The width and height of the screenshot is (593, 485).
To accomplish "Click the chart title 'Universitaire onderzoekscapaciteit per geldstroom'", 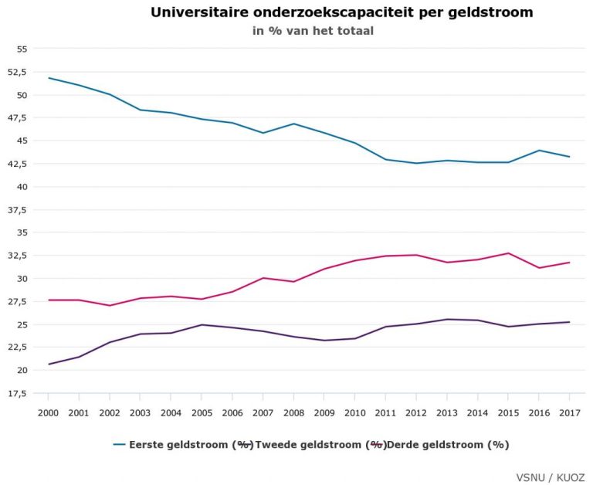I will tap(341, 12).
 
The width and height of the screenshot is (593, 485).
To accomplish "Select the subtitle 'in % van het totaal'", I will tap(313, 31).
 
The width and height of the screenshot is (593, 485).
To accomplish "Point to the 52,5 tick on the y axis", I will tap(16, 72).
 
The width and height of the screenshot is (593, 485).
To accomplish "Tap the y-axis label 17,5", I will tap(16, 394).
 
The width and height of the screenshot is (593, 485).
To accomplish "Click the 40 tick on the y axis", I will tap(21, 187).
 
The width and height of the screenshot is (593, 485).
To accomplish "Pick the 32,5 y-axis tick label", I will tap(16, 256).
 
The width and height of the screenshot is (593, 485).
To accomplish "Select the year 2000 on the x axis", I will tap(48, 413).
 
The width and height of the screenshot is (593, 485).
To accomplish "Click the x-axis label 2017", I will tap(569, 413).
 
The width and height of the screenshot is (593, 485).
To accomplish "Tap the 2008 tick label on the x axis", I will tap(293, 413).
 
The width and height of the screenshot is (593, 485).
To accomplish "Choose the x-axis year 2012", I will tap(416, 413).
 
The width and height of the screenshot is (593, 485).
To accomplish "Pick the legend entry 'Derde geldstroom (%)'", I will tap(448, 445).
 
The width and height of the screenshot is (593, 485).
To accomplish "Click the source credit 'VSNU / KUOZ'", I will tap(551, 477).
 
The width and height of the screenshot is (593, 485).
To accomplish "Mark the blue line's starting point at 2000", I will tap(48, 78).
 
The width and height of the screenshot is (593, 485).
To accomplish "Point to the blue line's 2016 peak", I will tap(539, 151).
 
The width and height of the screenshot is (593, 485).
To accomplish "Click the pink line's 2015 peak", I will tap(508, 253).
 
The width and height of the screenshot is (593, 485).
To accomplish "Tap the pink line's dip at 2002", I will tap(110, 305).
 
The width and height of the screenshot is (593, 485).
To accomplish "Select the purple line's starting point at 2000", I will tap(48, 364).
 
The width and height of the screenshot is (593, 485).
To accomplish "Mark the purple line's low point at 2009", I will tap(324, 341).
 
